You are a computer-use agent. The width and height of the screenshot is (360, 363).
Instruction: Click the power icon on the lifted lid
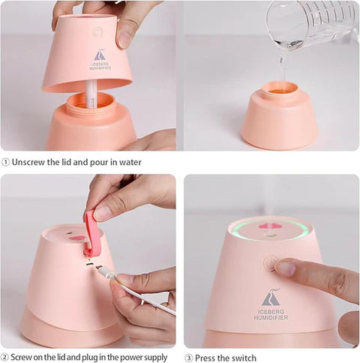pyautogui.click(x=97, y=32)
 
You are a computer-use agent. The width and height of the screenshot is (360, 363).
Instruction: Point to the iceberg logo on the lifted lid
pyautogui.click(x=100, y=55)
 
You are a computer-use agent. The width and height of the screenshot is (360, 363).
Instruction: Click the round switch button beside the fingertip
pyautogui.click(x=270, y=263)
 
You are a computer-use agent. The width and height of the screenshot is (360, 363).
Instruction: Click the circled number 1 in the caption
pyautogui.click(x=6, y=161)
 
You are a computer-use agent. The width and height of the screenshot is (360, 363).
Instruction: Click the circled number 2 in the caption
pyautogui.click(x=6, y=357)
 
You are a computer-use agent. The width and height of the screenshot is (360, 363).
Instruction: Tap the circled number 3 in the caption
pyautogui.click(x=189, y=357)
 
